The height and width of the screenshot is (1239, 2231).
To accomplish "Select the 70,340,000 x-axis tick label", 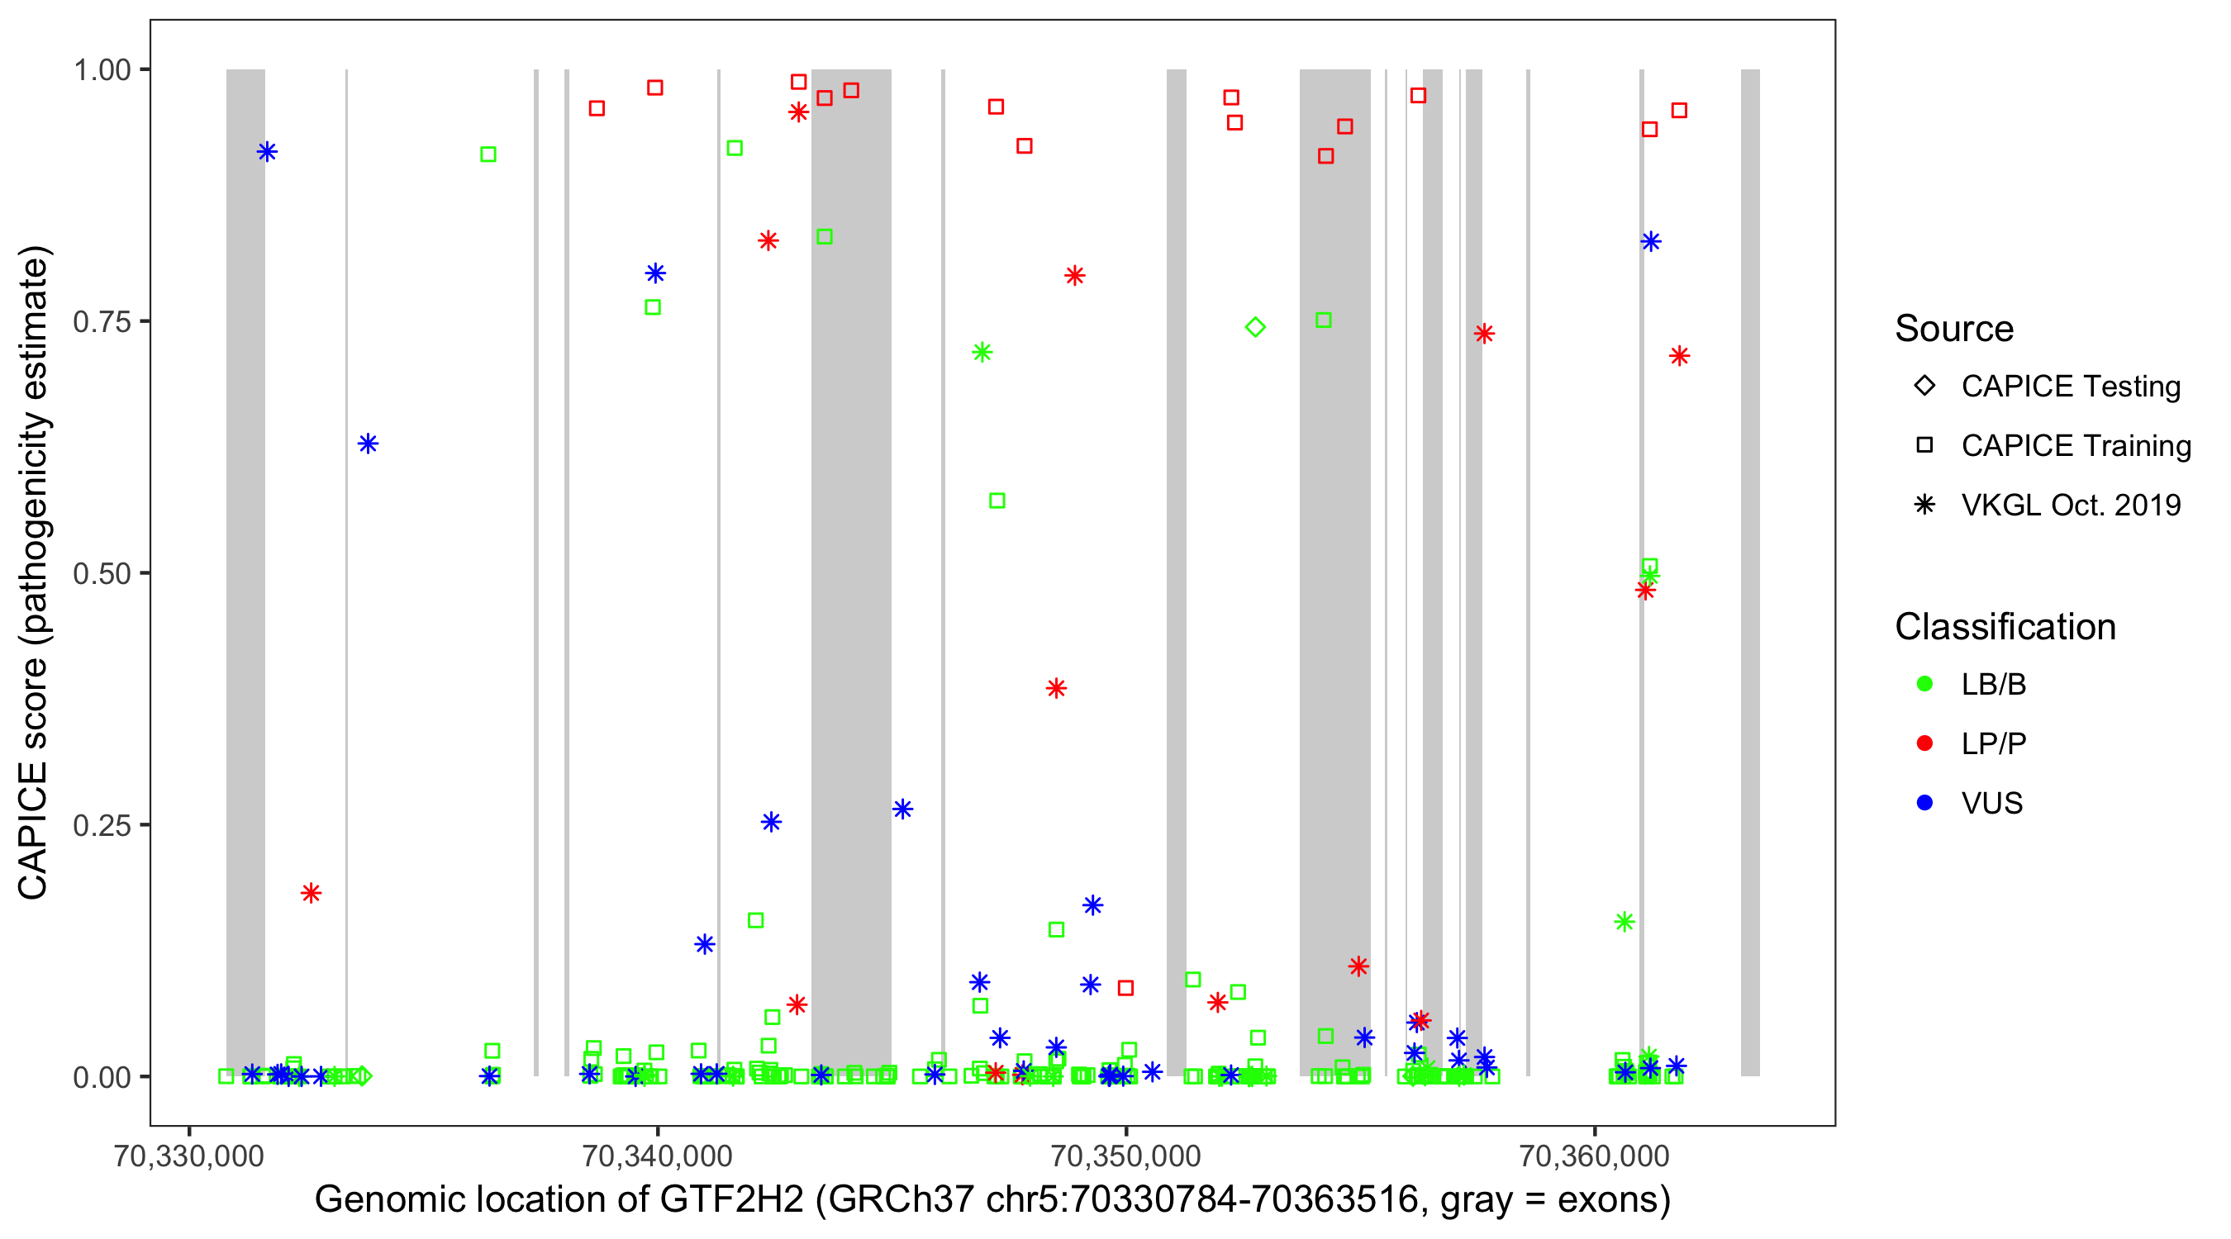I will coord(658,1155).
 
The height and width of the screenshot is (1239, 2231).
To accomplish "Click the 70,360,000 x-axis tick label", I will coord(1595,1155).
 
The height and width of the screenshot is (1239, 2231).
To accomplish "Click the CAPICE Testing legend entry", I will coord(2070,387).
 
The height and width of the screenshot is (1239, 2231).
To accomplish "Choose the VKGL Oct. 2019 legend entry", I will coord(2070,505).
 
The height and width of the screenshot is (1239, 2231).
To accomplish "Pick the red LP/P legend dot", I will coord(1924,743).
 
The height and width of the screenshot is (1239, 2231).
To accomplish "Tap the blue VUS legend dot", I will coord(1924,803).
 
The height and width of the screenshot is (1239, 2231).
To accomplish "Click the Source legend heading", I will coord(1954,329).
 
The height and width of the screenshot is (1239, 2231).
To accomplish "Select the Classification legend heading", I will coord(2005,627).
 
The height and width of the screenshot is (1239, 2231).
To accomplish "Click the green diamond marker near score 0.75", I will coord(1255,327).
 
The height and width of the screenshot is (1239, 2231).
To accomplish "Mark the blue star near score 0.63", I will coord(367,444).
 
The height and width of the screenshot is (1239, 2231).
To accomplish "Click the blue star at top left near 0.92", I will coord(267,151).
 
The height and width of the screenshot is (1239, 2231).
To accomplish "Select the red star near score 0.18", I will coord(311,893).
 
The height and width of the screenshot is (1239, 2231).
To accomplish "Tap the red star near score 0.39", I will coord(1056,688).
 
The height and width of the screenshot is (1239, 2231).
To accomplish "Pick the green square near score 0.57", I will coord(997,501).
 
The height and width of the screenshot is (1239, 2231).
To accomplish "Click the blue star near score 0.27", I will coord(902,809).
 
